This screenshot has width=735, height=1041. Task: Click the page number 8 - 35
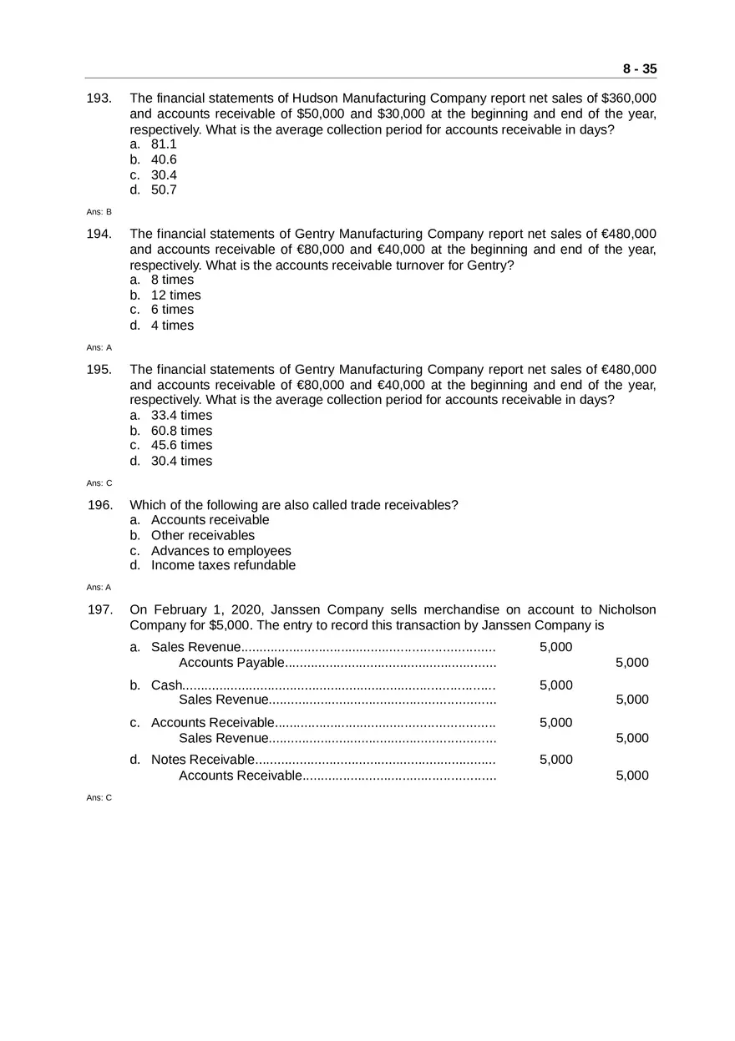[x=639, y=69]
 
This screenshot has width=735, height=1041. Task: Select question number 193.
[x=99, y=99]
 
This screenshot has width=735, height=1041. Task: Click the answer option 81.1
[x=164, y=144]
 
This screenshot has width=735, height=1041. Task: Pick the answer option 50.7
[x=164, y=190]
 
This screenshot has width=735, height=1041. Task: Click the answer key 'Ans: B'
[x=99, y=212]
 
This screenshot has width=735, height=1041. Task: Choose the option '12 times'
[x=175, y=296]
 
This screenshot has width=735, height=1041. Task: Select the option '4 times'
[x=172, y=326]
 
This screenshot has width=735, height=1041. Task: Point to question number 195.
[x=99, y=370]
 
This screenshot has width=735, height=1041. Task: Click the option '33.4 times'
[x=181, y=416]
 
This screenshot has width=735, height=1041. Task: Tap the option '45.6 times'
[x=181, y=446]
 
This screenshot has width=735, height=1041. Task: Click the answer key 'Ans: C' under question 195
[x=99, y=483]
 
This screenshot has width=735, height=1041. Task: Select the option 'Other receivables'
[x=203, y=536]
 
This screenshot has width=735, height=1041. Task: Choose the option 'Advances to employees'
[x=221, y=551]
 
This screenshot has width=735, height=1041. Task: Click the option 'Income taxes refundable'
[x=223, y=566]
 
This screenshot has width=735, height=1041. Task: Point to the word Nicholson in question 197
[x=622, y=610]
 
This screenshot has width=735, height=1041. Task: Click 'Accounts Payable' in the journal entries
[x=231, y=663]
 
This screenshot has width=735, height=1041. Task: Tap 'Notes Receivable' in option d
[x=202, y=760]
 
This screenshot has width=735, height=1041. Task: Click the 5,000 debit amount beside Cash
[x=555, y=685]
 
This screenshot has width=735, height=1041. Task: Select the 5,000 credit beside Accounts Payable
[x=631, y=663]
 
